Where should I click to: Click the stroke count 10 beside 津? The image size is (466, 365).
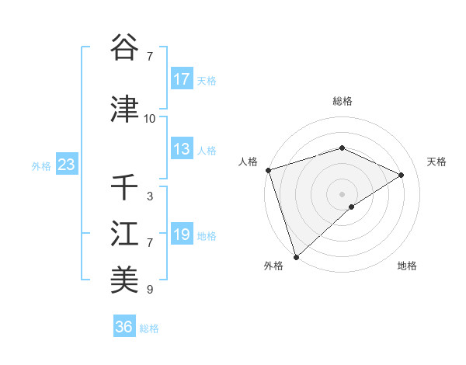150,119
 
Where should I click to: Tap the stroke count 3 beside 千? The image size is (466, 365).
150,196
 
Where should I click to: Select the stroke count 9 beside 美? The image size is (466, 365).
150,290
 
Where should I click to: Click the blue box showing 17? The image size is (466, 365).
182,79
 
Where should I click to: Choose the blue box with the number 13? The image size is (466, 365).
182,149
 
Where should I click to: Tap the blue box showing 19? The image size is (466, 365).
182,235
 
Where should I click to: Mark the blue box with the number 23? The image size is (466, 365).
66,165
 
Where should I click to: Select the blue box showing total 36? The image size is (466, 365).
123,327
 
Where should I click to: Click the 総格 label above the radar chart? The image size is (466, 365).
342,101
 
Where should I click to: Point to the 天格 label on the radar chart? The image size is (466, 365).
437,162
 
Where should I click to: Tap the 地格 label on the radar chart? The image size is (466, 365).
407,266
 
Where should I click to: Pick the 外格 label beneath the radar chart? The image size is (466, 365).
273,266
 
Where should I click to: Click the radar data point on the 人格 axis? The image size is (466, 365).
268,170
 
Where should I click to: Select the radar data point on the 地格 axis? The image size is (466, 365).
352,207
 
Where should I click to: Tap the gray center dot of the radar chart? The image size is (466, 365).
342,193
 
